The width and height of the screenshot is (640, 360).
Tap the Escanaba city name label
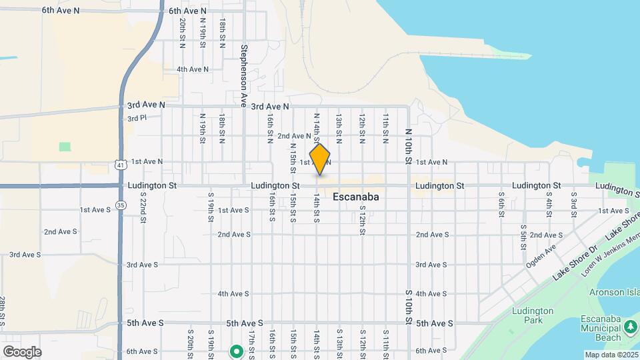pyautogui.click(x=355, y=197)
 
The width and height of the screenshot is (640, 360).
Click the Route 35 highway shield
pyautogui.click(x=121, y=205)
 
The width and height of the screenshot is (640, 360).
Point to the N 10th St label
pyautogui.click(x=407, y=146)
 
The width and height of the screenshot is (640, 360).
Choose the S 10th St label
pyautogui.click(x=408, y=307)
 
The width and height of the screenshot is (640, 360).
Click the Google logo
pyautogui.click(x=22, y=351)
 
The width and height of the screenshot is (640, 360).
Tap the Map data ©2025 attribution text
pyautogui.click(x=611, y=355)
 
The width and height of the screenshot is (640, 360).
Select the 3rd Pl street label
pyautogui.click(x=136, y=118)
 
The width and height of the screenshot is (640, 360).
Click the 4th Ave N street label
pyautogui.click(x=192, y=69)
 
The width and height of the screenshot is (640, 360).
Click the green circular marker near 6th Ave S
pyautogui.click(x=235, y=351)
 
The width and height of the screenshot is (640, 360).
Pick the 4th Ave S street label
pyautogui.click(x=233, y=294)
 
